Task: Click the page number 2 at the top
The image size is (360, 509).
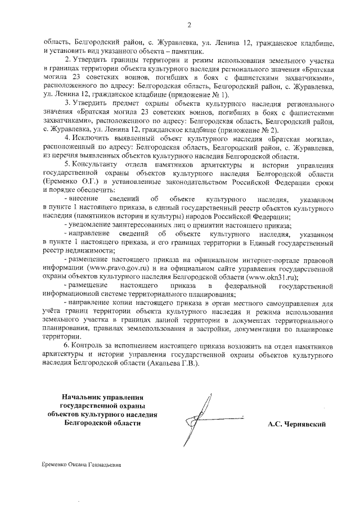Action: [x=189, y=24]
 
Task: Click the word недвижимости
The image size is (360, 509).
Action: [x=79, y=249]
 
